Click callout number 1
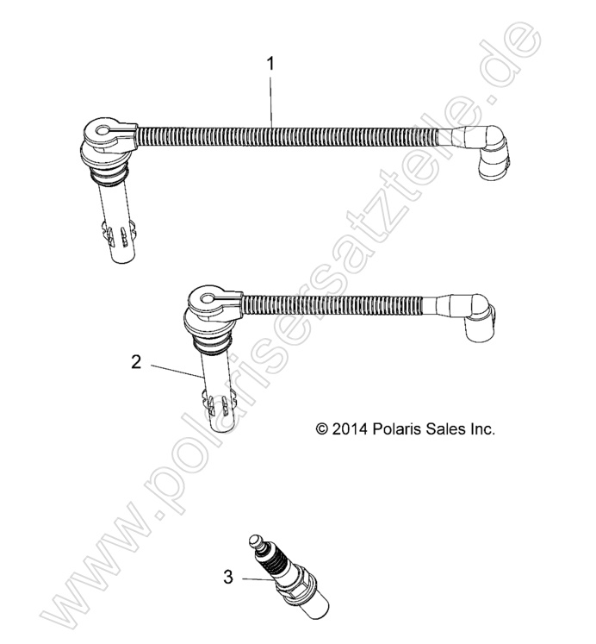pyautogui.click(x=270, y=64)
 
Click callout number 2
pyautogui.click(x=137, y=362)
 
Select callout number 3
pyautogui.click(x=228, y=577)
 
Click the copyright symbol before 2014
pyautogui.click(x=321, y=429)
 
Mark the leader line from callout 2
pyautogui.click(x=177, y=370)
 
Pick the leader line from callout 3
pyautogui.click(x=258, y=579)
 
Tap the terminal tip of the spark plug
pyautogui.click(x=255, y=540)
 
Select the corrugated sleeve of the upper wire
pyautogui.click(x=288, y=135)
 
